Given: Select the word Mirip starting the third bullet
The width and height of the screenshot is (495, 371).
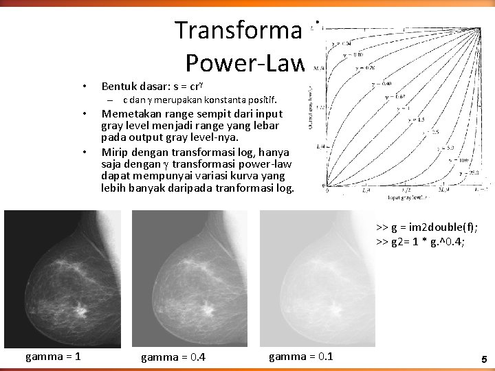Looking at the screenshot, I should tap(114, 152).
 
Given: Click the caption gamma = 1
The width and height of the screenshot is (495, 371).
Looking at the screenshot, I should tap(53, 356).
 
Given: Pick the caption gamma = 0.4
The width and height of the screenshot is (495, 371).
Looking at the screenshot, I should tap(173, 357).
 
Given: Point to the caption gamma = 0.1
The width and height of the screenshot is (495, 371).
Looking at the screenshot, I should tap(300, 356).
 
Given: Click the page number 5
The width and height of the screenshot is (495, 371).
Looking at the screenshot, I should tap(484, 359).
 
